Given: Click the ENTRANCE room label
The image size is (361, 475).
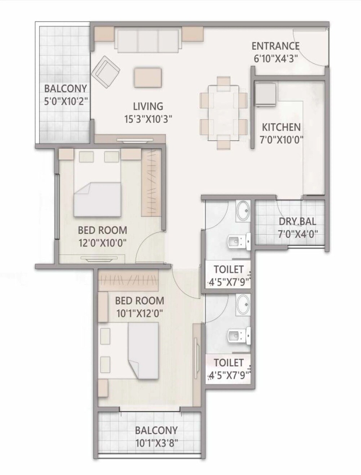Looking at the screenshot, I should pyautogui.click(x=275, y=46).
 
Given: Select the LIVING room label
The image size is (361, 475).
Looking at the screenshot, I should pyautogui.click(x=148, y=106).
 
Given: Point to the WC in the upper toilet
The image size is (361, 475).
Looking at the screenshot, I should pyautogui.click(x=240, y=241).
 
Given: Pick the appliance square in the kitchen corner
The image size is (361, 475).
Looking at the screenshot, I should pyautogui.click(x=266, y=94).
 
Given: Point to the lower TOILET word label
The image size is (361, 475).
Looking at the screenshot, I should pyautogui.click(x=229, y=362).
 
